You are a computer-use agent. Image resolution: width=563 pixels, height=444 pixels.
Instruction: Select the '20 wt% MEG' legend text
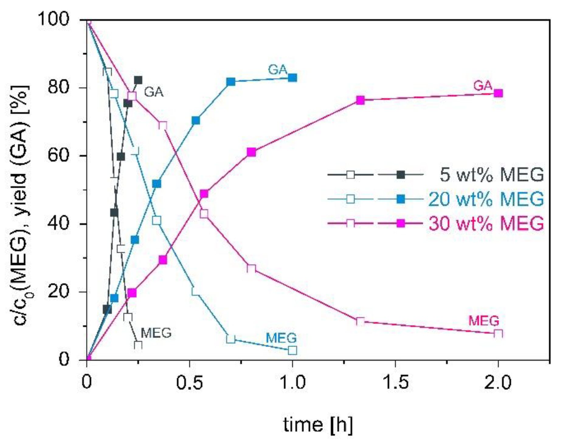pos(486,199)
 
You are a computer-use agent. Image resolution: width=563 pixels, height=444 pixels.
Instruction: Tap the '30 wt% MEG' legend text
pos(486,224)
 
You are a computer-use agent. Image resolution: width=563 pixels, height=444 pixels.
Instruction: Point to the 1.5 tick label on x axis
pos(395,382)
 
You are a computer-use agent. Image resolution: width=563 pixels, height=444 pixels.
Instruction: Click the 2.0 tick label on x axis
pos(498,382)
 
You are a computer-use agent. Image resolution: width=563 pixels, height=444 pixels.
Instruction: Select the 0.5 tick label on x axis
pos(189,382)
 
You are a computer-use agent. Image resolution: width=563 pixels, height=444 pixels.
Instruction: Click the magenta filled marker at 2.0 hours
pos(498,93)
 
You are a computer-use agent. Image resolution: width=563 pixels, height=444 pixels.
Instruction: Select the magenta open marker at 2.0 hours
pos(498,334)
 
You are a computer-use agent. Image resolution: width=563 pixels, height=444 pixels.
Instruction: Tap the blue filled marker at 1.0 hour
pos(292,78)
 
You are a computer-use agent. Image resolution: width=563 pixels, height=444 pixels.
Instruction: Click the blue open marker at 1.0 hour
pos(292,350)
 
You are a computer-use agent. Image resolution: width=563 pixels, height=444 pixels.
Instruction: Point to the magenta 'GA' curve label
pos(482,86)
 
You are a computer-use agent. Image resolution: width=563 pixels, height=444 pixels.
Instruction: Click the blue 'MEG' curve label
pos(281,338)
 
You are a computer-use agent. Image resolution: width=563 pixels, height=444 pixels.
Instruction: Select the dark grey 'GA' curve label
pos(154,92)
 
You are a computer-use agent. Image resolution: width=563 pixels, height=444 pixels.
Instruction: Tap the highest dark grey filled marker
pos(138,80)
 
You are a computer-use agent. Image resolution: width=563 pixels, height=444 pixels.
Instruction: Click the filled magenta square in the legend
pos(401,224)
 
